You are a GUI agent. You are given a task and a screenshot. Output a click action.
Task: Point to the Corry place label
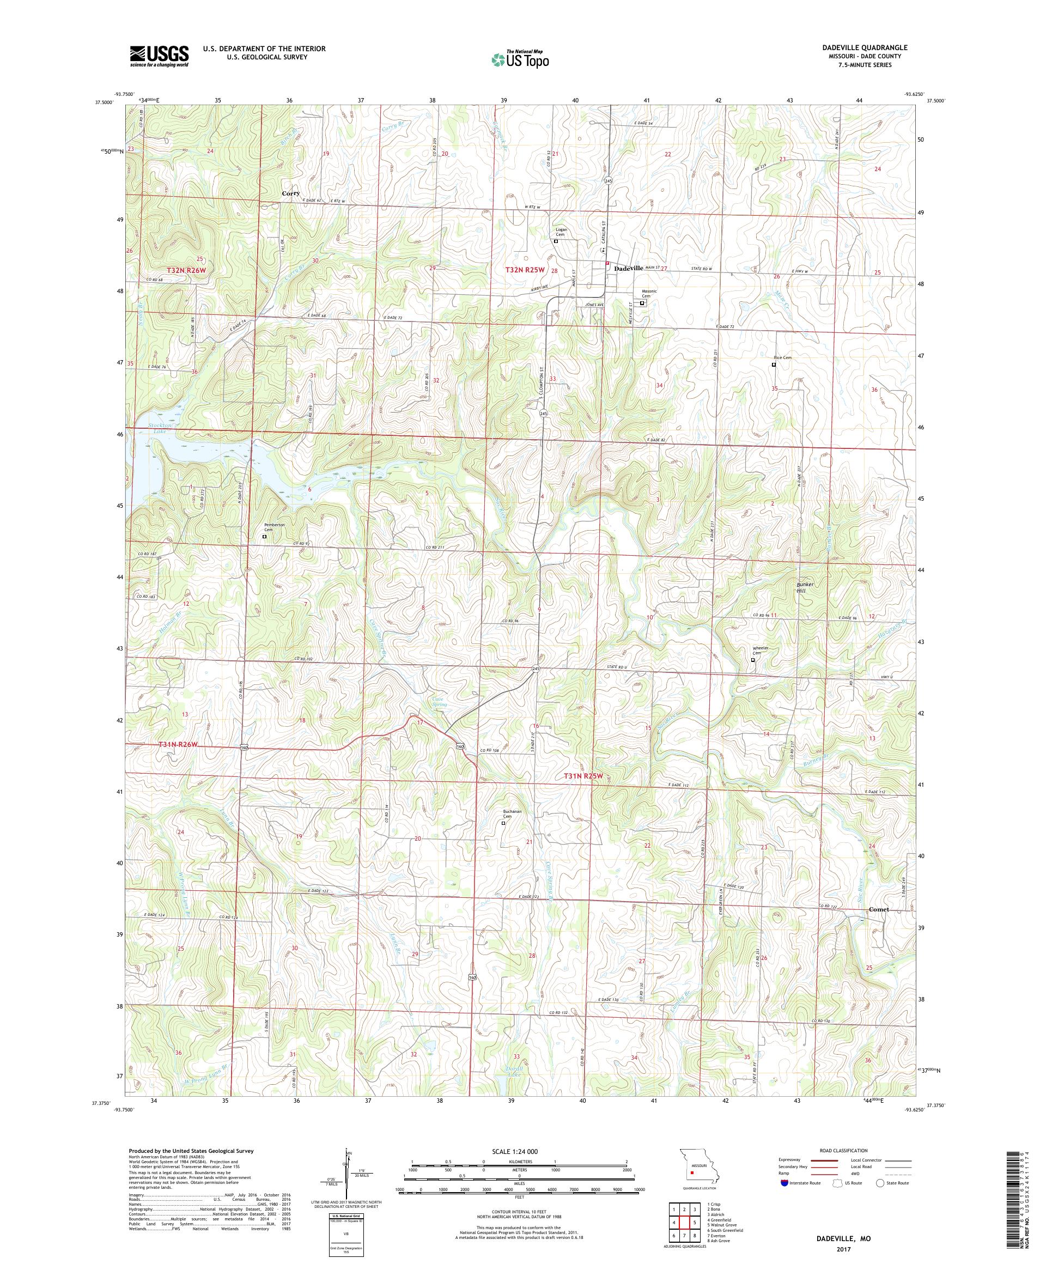coord(291,193)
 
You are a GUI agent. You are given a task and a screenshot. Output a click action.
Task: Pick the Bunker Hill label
coord(805,587)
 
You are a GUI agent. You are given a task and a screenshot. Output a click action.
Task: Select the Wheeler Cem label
coord(760,651)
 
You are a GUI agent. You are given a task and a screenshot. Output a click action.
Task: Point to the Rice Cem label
coord(782,357)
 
